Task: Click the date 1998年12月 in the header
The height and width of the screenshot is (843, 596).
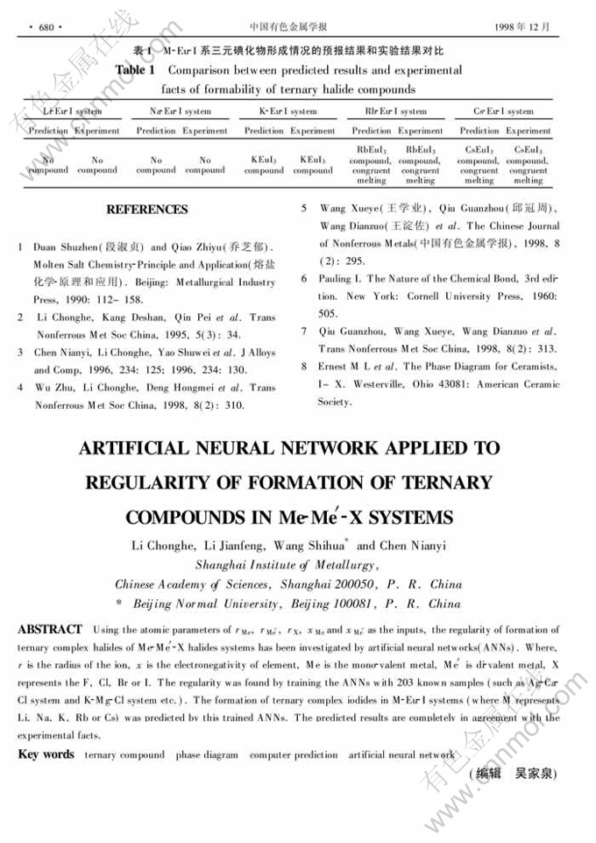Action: [529, 27]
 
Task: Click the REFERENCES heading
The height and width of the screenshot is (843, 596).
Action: [146, 210]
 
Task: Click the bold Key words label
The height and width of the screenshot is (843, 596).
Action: [46, 754]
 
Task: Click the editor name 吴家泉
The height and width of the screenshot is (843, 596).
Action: [535, 774]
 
